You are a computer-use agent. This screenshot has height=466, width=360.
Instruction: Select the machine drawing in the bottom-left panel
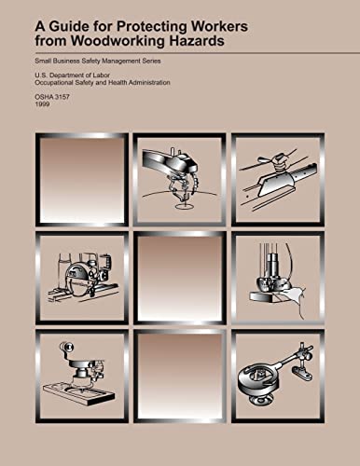82,375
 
